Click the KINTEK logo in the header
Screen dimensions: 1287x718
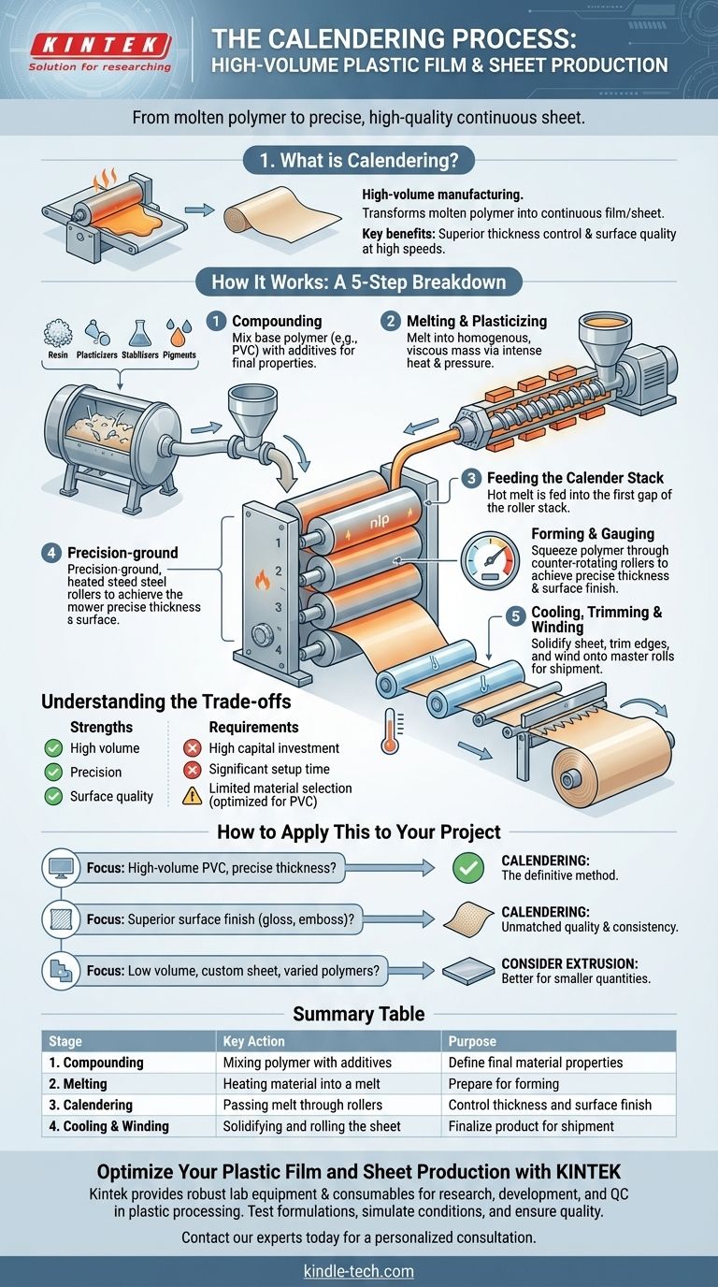click(x=100, y=45)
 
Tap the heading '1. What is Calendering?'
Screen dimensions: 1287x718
click(x=359, y=161)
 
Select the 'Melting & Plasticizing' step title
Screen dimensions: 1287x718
click(x=477, y=322)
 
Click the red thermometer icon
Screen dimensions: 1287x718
click(x=390, y=730)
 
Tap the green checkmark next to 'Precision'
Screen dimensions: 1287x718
click(x=52, y=773)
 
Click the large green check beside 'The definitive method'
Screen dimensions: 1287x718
click(x=467, y=868)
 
